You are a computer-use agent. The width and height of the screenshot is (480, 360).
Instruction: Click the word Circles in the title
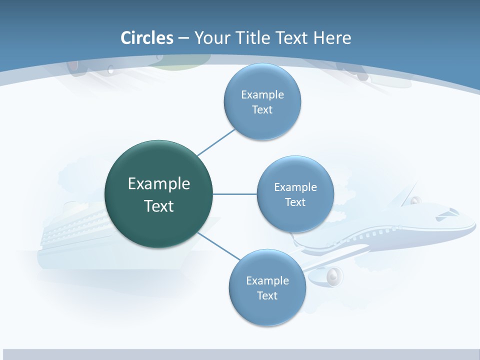pyautogui.click(x=147, y=38)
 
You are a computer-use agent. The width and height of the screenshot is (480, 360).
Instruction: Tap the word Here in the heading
pyautogui.click(x=332, y=38)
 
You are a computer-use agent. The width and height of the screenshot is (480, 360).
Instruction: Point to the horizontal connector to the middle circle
pyautogui.click(x=235, y=194)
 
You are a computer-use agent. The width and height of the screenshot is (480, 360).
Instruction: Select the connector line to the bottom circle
pyautogui.click(x=218, y=245)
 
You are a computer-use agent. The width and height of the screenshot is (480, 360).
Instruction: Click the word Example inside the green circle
pyautogui.click(x=159, y=184)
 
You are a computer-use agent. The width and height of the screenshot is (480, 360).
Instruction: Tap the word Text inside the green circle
pyautogui.click(x=158, y=206)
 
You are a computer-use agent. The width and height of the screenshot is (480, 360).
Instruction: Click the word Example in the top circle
pyautogui.click(x=262, y=95)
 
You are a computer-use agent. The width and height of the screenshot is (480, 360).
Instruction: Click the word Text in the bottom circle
pyautogui.click(x=267, y=295)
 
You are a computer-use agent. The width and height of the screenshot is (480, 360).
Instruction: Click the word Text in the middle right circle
pyautogui.click(x=295, y=202)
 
